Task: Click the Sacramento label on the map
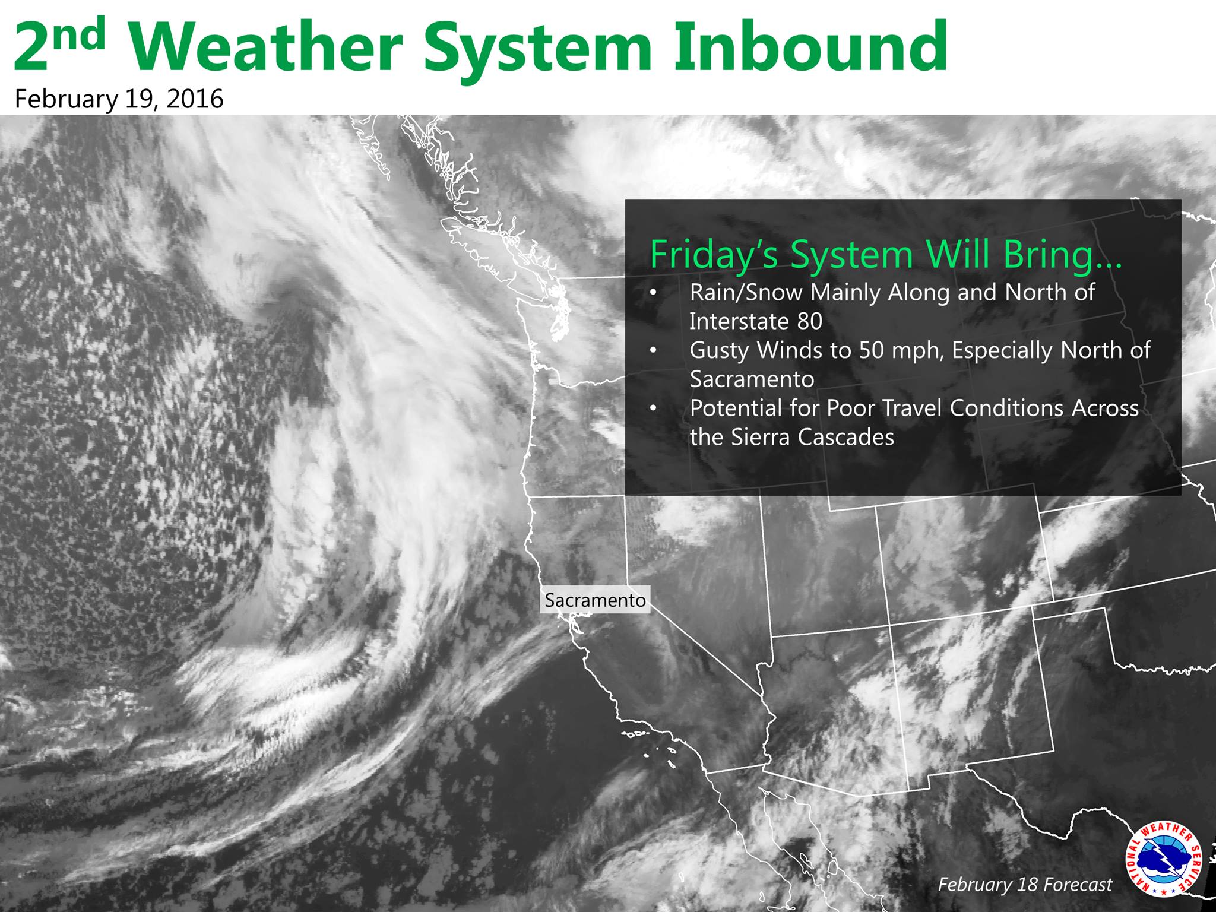coord(596,600)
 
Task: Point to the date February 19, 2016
coord(119,99)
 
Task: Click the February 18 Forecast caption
coord(1025,885)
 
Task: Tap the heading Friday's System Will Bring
coord(886,254)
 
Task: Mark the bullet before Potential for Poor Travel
coord(654,409)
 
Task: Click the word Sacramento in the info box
coord(752,379)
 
